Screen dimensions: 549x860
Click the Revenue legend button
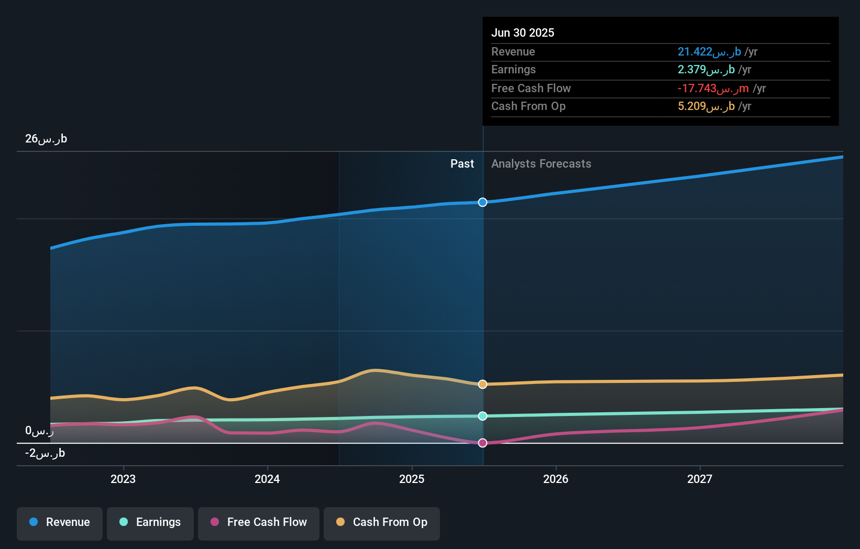pos(60,523)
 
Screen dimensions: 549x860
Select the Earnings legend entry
pos(150,523)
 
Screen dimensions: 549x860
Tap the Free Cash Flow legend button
pos(259,523)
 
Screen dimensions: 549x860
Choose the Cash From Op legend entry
pos(382,523)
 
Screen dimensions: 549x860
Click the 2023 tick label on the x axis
pos(123,479)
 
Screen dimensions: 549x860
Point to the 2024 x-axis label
pos(267,479)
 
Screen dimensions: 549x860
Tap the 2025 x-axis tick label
pos(412,479)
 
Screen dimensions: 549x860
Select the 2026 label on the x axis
pos(556,479)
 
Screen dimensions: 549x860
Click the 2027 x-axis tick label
pos(700,479)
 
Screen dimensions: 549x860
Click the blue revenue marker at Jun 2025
pos(483,202)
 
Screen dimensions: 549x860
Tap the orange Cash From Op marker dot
pos(483,385)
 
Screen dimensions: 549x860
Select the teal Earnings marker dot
pos(483,416)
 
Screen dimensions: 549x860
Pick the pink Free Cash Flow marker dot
pos(483,443)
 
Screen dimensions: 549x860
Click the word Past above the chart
pos(462,164)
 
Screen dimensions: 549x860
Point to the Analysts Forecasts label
pos(541,164)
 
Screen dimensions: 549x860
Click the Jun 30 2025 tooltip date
pos(523,33)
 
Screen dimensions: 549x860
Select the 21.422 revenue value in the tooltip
pos(709,52)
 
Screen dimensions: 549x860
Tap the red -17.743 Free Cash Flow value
pos(713,89)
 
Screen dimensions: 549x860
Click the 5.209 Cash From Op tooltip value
pos(706,106)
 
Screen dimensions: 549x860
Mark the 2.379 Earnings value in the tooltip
pos(706,70)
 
